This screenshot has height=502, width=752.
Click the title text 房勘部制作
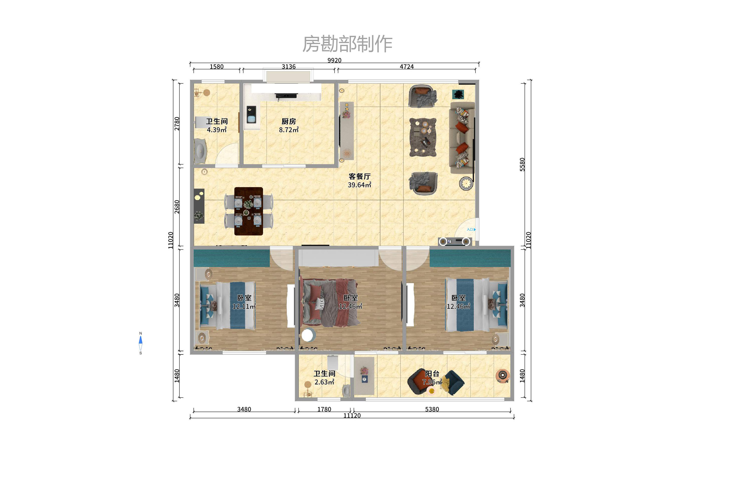[x=347, y=44]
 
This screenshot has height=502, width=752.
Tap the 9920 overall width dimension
[x=334, y=60]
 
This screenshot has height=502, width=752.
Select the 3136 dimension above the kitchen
[x=289, y=67]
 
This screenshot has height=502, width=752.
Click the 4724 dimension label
[x=407, y=67]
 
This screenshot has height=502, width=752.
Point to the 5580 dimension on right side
[x=522, y=165]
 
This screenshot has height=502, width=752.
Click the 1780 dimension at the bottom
[x=324, y=409]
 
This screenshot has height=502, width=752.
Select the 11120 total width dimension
[x=352, y=416]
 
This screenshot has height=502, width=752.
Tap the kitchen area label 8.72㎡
[x=289, y=130]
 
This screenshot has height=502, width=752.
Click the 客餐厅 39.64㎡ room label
[x=360, y=181]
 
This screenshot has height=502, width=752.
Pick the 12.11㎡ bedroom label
[x=244, y=306]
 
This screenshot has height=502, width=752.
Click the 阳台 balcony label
[x=432, y=373]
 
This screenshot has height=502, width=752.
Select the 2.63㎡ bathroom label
[x=324, y=382]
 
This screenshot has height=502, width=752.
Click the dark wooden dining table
[x=248, y=211]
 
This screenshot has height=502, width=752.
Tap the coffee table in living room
[x=423, y=137]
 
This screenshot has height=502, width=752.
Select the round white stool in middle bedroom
[x=307, y=335]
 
